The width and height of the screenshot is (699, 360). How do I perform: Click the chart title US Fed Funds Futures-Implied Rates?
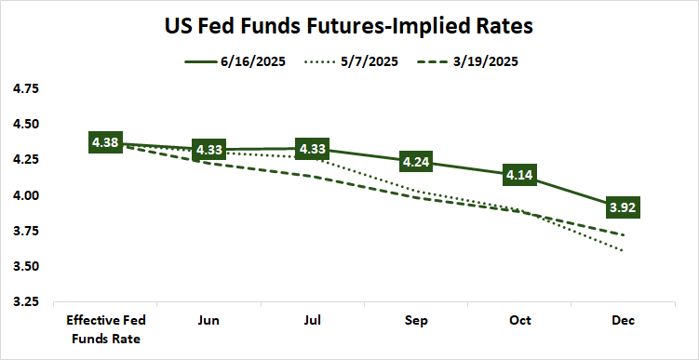click(x=349, y=27)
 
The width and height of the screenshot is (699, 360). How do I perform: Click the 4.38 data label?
click(x=105, y=142)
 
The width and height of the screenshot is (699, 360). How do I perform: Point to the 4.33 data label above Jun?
click(x=209, y=150)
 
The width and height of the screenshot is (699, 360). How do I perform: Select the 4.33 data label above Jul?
click(x=313, y=149)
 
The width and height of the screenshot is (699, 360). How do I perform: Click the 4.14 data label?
click(x=520, y=174)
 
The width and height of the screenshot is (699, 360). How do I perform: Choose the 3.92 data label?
click(x=624, y=207)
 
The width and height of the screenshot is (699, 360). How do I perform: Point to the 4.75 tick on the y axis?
click(x=24, y=88)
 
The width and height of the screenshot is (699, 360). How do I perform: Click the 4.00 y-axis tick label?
click(x=24, y=195)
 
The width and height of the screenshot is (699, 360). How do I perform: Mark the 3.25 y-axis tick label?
click(x=24, y=302)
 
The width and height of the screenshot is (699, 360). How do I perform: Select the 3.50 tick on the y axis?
click(x=24, y=267)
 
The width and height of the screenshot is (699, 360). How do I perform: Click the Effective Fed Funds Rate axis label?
click(x=105, y=329)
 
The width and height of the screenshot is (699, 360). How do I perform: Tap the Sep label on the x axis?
click(x=417, y=321)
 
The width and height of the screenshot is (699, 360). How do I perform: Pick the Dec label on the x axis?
click(x=624, y=321)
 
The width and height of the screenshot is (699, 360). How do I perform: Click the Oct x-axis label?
click(x=520, y=321)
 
